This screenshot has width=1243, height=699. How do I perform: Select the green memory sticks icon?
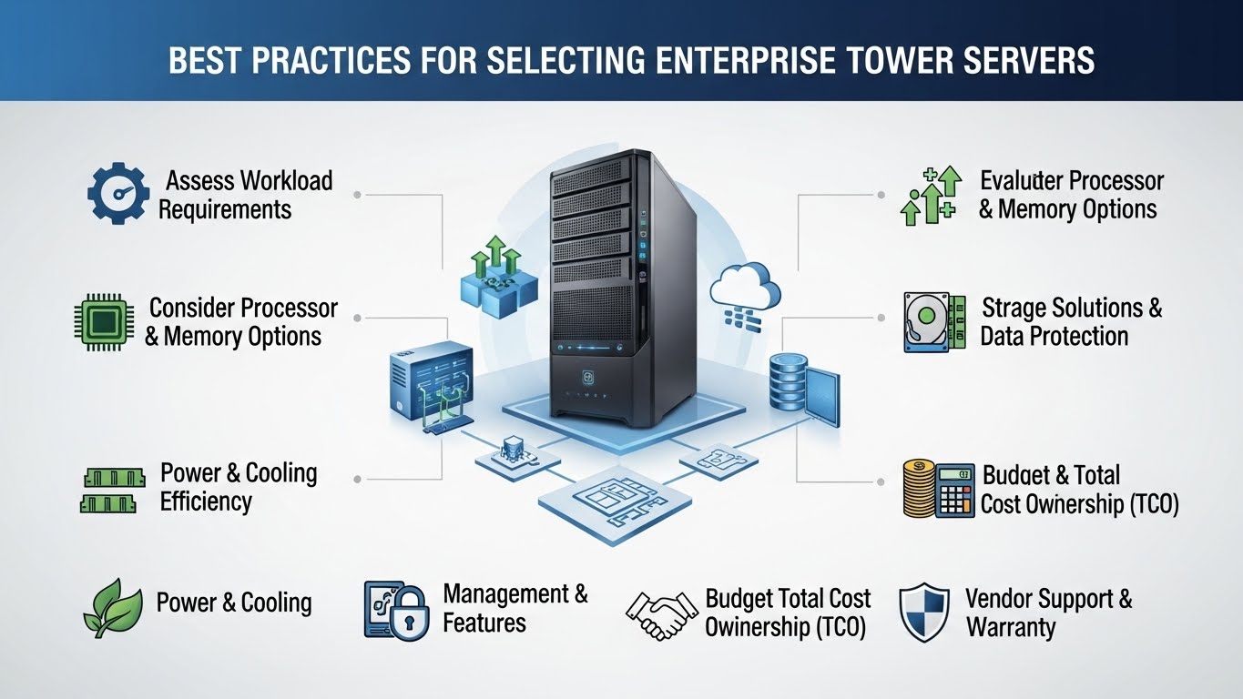pos(108,490)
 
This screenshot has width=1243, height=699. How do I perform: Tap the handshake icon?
pos(659,614)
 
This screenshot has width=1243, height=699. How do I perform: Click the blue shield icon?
pos(923,613)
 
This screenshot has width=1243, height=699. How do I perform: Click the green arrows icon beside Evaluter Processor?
pos(930,195)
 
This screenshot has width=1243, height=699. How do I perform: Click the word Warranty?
pos(1011,627)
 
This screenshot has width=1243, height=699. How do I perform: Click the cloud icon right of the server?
pos(745,285)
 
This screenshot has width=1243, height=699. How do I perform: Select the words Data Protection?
pos(1054,336)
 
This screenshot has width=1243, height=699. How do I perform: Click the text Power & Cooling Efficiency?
pos(238,487)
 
